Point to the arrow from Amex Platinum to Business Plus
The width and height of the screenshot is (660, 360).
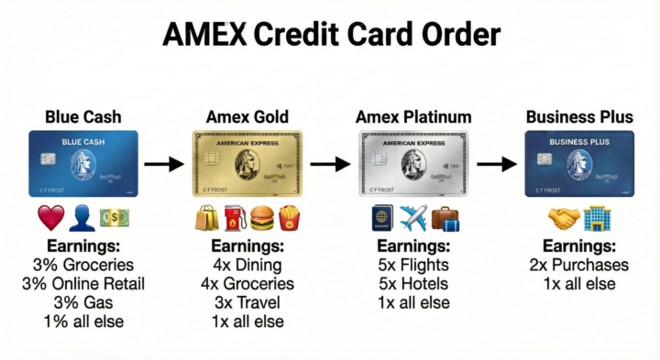pyautogui.click(x=495, y=165)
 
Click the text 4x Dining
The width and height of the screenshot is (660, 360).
pyautogui.click(x=247, y=266)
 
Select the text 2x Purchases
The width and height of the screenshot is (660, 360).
pyautogui.click(x=578, y=266)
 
